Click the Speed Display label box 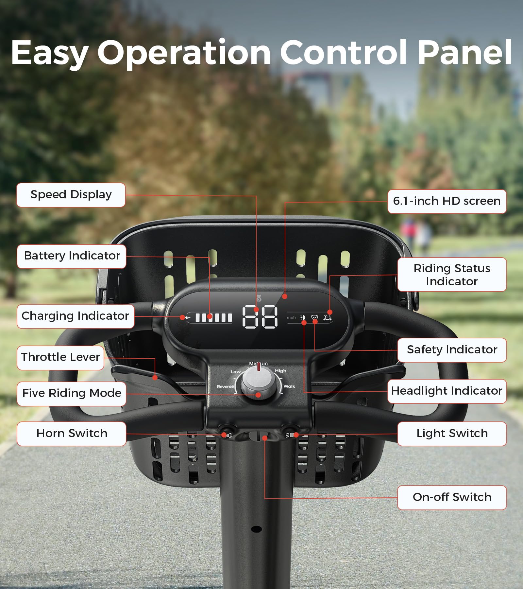pyautogui.click(x=71, y=195)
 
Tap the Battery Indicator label pyautogui.click(x=72, y=256)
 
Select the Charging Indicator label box pyautogui.click(x=76, y=316)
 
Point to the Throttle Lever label pyautogui.click(x=60, y=357)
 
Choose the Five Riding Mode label pyautogui.click(x=72, y=393)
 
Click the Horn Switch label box pyautogui.click(x=72, y=434)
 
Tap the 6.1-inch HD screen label pyautogui.click(x=447, y=201)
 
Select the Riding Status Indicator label pyautogui.click(x=452, y=275)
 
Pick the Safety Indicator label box pyautogui.click(x=452, y=350)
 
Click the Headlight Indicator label pyautogui.click(x=447, y=391)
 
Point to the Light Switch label pyautogui.click(x=452, y=434)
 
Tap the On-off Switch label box pyautogui.click(x=452, y=497)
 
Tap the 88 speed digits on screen pyautogui.click(x=260, y=317)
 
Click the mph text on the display pyautogui.click(x=291, y=317)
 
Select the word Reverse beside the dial pyautogui.click(x=225, y=386)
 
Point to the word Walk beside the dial pyautogui.click(x=289, y=386)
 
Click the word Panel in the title pyautogui.click(x=465, y=52)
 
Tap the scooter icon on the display pyautogui.click(x=327, y=317)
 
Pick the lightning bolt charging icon pyautogui.click(x=188, y=317)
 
